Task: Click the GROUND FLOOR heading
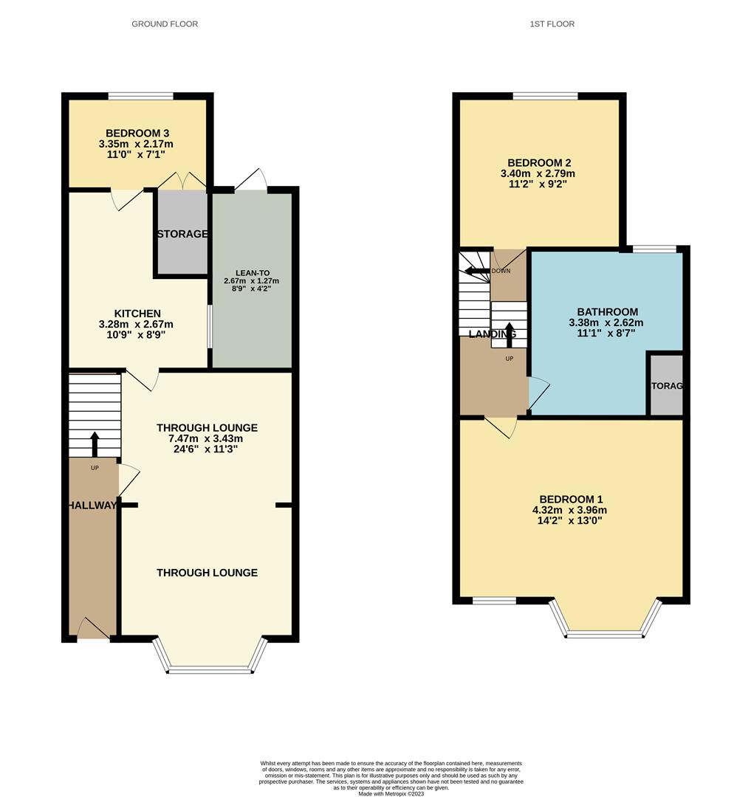pos(165,24)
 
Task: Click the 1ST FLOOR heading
pos(552,24)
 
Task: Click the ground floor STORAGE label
pos(182,234)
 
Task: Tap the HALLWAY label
pos(92,506)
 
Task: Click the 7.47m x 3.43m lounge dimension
pos(207,439)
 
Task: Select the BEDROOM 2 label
pos(539,163)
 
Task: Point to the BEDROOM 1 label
pos(570,499)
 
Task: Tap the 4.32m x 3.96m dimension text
pos(570,510)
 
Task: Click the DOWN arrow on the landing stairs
pos(478,271)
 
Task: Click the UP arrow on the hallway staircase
pos(94,443)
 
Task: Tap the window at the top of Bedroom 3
pos(140,96)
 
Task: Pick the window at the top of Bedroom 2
pos(545,96)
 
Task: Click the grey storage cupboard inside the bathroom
pos(665,385)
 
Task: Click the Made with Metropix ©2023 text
pos(391,793)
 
